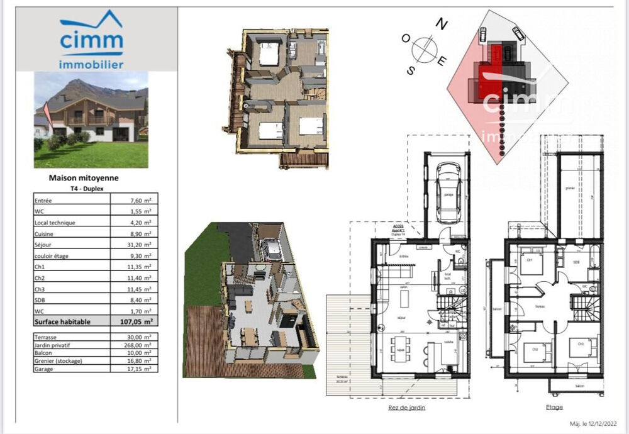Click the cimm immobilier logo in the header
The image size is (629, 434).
[x=91, y=40]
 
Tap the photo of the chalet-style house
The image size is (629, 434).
[x=91, y=120]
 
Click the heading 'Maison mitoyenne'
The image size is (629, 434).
[x=84, y=178]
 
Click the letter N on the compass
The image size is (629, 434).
[x=442, y=25]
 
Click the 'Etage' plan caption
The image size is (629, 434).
[x=554, y=408]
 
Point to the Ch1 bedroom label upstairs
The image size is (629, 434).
[x=529, y=259]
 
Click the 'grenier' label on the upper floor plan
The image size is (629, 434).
[x=571, y=187]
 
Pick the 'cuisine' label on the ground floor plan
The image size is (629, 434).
[x=448, y=341]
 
